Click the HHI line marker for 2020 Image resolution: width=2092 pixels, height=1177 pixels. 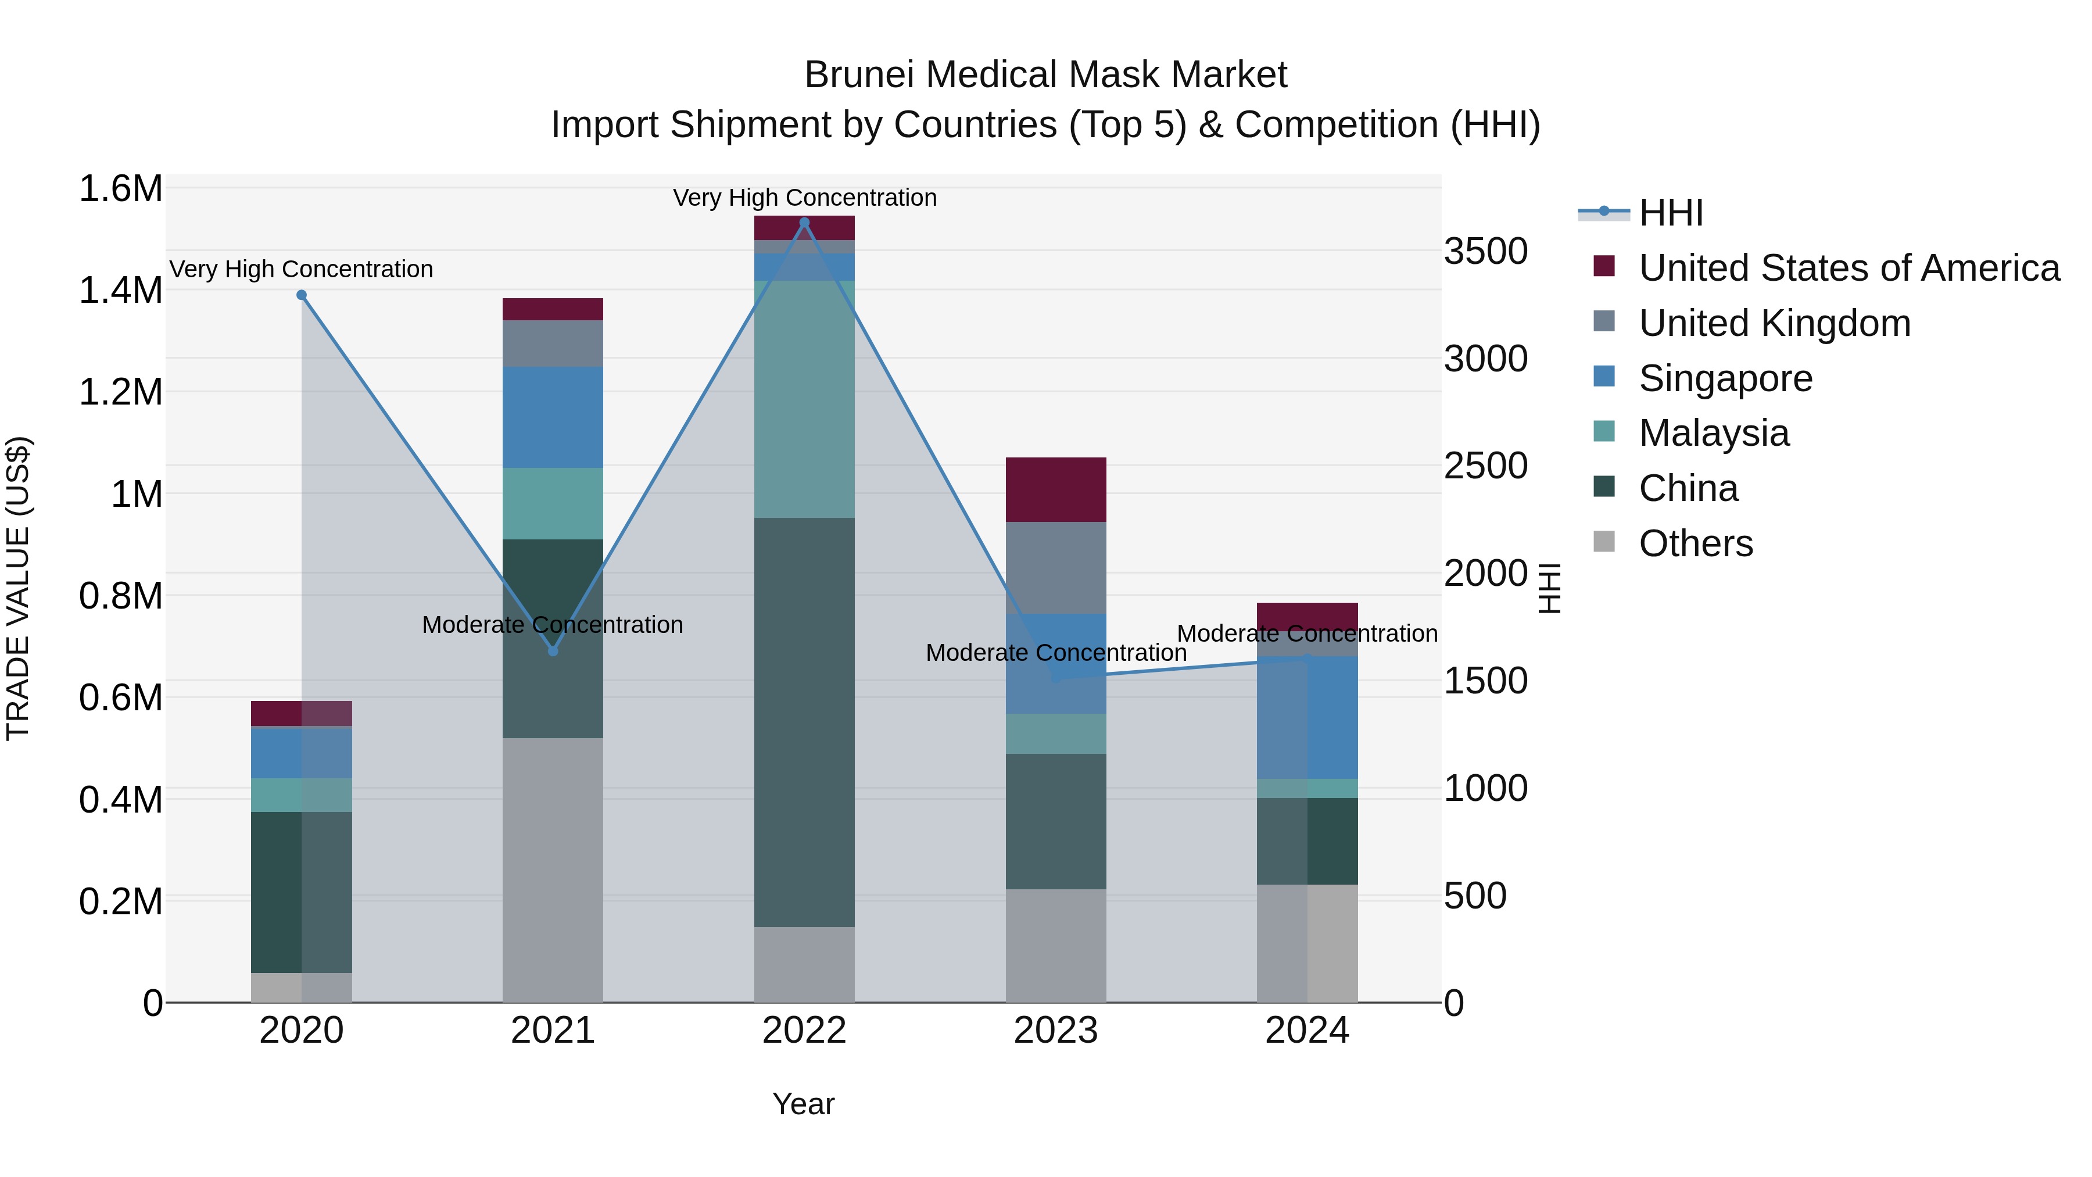(301, 295)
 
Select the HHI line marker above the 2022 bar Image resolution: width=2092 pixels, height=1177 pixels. (804, 223)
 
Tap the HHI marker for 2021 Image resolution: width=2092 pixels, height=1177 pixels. (553, 650)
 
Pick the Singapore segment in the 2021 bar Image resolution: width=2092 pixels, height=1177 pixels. (553, 417)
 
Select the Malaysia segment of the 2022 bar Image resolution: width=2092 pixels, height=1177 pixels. (804, 399)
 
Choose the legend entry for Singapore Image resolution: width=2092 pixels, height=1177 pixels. (1725, 378)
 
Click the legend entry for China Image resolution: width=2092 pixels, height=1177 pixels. (1688, 488)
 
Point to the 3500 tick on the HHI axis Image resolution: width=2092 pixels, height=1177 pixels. (1485, 251)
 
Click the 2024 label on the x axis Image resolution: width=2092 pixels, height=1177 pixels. (1307, 1031)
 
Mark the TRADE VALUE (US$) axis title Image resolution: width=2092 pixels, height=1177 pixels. (18, 588)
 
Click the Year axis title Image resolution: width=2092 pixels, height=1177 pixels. (803, 1104)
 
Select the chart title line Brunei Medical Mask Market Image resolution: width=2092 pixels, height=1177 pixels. (1045, 75)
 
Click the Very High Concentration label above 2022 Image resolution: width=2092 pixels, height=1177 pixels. (804, 198)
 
